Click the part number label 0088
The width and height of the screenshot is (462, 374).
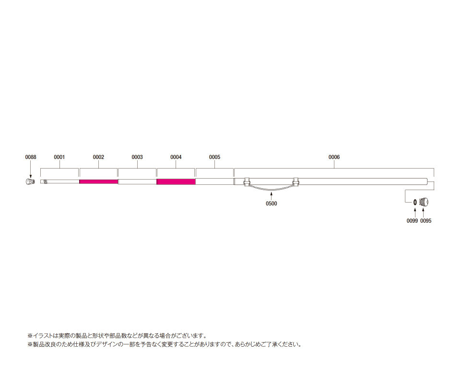[31, 157]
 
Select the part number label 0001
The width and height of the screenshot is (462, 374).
[59, 157]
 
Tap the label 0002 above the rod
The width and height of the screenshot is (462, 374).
[98, 157]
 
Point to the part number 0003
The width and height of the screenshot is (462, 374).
[137, 157]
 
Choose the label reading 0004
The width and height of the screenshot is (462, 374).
[176, 157]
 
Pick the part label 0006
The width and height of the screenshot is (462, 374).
[334, 157]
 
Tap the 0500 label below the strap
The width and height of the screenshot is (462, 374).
[272, 204]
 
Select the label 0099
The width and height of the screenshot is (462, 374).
[412, 221]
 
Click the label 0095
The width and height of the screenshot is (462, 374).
[426, 221]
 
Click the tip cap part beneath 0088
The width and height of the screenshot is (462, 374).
[29, 181]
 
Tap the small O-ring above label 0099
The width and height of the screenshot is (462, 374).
[415, 202]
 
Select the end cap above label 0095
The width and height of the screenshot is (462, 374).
[424, 202]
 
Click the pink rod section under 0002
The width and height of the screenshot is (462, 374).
[99, 181]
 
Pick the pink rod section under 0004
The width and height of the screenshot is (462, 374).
[176, 181]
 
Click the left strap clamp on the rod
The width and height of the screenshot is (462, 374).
[247, 182]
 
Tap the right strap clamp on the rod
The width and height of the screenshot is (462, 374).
[296, 182]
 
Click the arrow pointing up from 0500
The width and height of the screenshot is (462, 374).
[272, 196]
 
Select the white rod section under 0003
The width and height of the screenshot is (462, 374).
[137, 181]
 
